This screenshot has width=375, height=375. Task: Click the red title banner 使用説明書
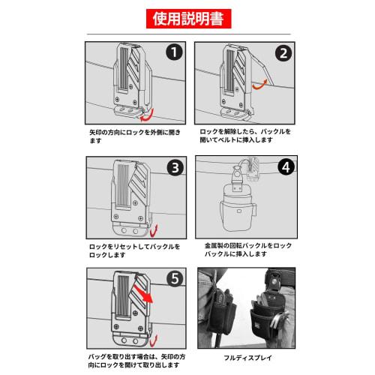(189, 19)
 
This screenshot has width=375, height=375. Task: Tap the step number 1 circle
(174, 52)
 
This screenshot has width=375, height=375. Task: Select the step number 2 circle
(283, 53)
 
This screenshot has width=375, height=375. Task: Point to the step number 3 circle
(175, 167)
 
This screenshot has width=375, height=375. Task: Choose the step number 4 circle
(286, 167)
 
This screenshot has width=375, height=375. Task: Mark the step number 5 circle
(175, 278)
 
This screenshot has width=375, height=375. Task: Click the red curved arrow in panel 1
(148, 116)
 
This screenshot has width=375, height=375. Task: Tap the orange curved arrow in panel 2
(260, 85)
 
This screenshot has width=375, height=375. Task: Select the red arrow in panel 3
(154, 231)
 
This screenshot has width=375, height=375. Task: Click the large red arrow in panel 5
(142, 292)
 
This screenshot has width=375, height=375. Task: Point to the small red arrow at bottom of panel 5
(154, 341)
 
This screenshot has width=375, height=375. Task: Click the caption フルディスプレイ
(247, 358)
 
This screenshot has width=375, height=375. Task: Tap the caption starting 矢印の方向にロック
(135, 136)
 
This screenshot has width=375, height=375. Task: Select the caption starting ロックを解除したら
(245, 136)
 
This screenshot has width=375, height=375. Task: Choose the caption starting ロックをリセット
(134, 250)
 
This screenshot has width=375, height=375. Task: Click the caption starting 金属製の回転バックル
(248, 250)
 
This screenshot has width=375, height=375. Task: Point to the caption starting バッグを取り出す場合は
(136, 361)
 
